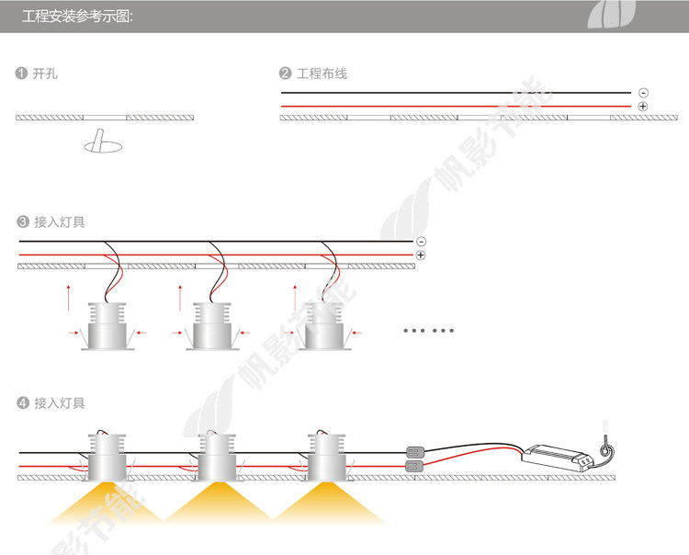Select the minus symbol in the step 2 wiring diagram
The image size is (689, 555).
642,93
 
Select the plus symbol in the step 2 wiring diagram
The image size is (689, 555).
642,107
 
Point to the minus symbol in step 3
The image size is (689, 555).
421,241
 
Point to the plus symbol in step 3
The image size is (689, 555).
421,255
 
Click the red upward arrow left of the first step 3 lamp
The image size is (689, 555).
68,296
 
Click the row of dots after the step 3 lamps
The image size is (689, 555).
429,330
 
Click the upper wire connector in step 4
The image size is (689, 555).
416,452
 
